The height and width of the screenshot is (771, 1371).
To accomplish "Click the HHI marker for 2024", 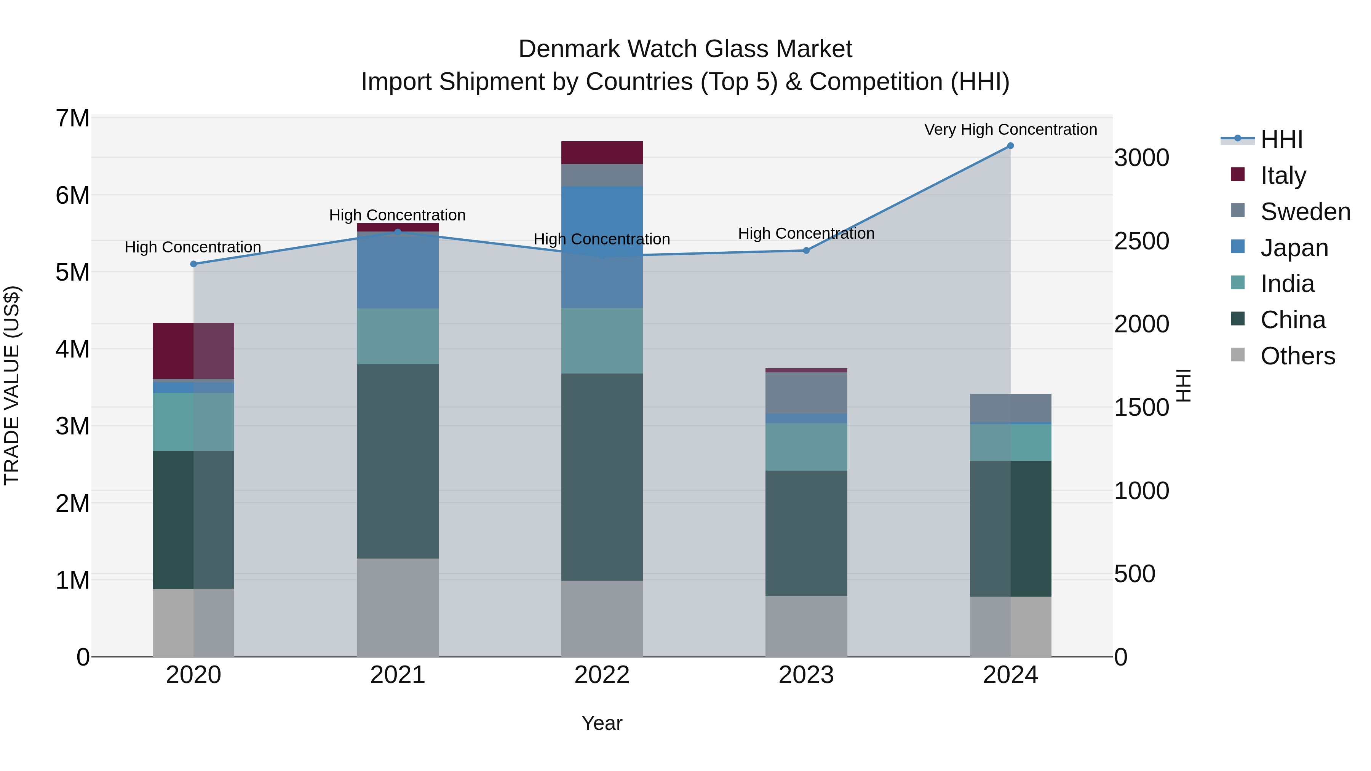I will (1010, 146).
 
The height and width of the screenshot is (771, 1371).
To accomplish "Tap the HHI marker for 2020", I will (193, 264).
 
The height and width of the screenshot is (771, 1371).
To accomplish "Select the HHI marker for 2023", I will (806, 250).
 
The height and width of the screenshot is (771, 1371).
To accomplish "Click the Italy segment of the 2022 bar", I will (602, 153).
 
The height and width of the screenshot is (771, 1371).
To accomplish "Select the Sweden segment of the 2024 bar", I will (1010, 408).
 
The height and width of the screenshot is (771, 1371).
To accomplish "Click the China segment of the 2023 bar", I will (806, 533).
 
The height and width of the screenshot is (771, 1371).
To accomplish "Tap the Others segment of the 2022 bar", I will (602, 618).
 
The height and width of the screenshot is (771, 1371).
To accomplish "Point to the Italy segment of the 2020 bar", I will (193, 351).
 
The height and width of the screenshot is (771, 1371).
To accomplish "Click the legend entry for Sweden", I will (1305, 212).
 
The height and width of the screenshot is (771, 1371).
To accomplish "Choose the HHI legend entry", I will (1281, 139).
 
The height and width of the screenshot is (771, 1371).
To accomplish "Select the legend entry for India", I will (1287, 284).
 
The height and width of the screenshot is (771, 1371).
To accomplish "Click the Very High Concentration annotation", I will (1010, 129).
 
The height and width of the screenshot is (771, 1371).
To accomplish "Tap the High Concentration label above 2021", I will (397, 215).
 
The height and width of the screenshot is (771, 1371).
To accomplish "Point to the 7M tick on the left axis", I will (72, 118).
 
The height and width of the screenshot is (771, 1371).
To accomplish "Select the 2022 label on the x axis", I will (602, 675).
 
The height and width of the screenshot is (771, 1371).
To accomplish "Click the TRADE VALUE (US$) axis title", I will (12, 386).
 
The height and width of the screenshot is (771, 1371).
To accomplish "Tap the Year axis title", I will (602, 723).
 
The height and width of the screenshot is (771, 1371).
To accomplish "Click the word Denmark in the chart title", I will (569, 49).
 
